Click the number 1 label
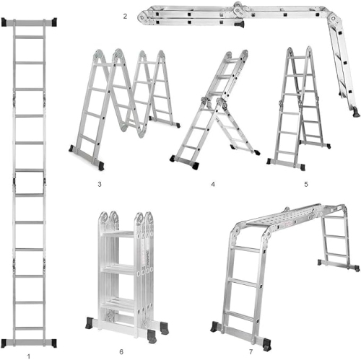[28, 355]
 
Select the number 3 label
[99, 185]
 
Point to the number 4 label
[213, 185]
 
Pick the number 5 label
[306, 185]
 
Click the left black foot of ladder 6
[92, 321]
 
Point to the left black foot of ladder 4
[174, 159]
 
